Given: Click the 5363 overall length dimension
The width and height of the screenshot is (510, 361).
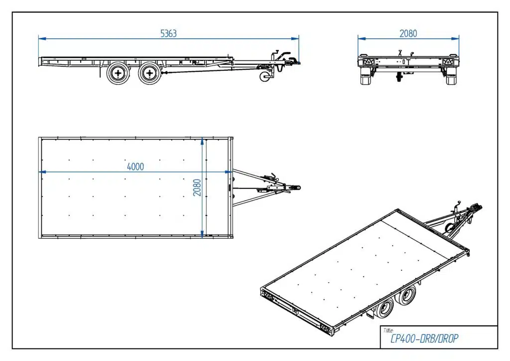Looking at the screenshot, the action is click(x=168, y=33).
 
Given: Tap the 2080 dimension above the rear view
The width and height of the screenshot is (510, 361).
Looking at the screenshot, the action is click(x=408, y=33).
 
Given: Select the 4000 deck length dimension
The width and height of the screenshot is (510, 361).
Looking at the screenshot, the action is click(x=135, y=167).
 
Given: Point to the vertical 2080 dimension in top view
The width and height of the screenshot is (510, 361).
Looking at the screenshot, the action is click(x=197, y=187).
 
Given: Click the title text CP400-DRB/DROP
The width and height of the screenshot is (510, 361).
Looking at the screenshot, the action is click(x=424, y=339).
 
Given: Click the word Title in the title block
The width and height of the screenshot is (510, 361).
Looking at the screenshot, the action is click(x=388, y=331).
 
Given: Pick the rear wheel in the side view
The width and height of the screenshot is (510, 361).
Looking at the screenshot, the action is click(x=118, y=74).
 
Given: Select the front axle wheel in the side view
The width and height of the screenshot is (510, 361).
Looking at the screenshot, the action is click(x=149, y=74).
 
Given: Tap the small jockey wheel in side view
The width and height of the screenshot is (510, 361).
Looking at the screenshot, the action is click(x=265, y=77).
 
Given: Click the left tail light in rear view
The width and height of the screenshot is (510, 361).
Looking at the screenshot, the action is click(x=368, y=61).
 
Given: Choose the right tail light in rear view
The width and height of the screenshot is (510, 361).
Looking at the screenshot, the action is click(x=448, y=61).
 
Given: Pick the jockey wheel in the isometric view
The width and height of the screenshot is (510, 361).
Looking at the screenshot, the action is click(x=449, y=227).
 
